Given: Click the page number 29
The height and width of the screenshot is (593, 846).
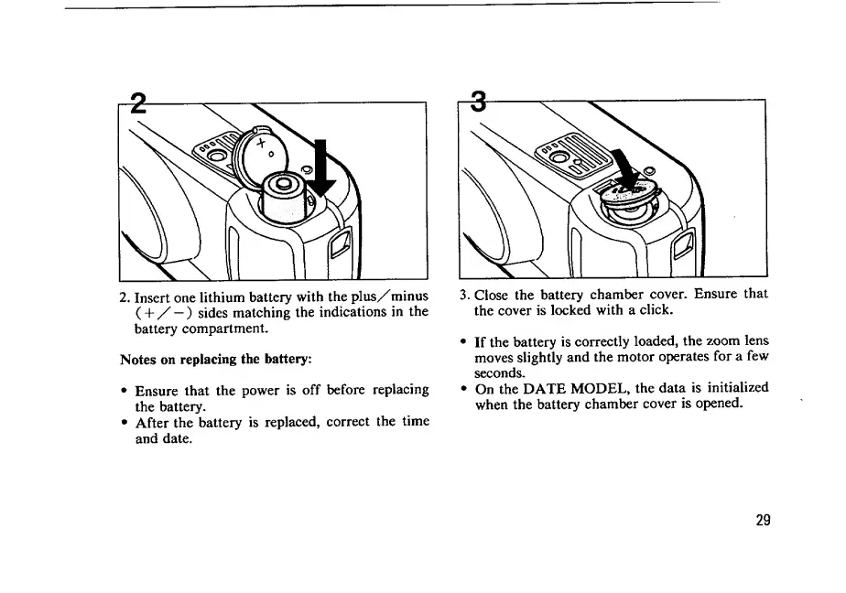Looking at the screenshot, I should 763,520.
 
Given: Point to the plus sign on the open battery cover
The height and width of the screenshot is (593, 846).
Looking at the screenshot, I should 264,144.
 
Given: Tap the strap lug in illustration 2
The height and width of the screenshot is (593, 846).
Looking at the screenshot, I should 341,244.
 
